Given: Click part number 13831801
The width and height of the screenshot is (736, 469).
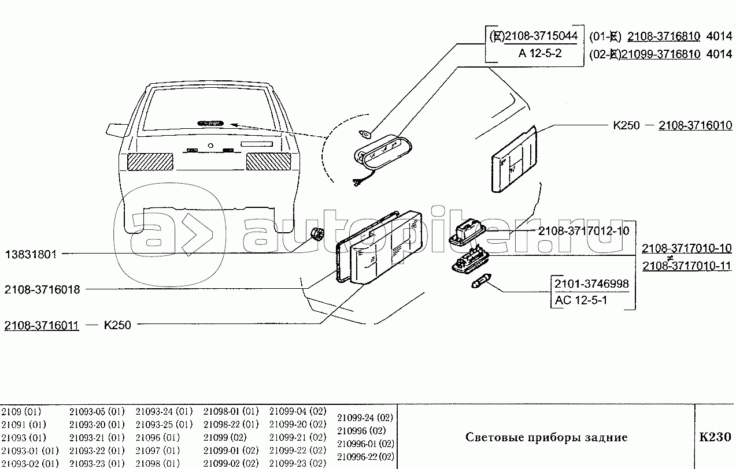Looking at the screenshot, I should (x=32, y=254).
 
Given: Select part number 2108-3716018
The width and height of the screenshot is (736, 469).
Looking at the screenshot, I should (x=42, y=290).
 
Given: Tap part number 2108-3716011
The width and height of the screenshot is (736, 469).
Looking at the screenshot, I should (x=42, y=325).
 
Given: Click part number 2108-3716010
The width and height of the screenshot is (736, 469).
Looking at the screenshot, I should (x=696, y=125).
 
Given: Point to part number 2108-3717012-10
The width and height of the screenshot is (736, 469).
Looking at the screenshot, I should (x=583, y=231).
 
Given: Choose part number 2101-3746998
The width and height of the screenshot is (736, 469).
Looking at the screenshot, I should (x=591, y=284).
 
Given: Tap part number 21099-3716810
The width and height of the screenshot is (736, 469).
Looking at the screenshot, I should (x=660, y=54).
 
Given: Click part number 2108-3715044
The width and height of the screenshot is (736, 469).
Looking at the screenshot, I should (x=541, y=36).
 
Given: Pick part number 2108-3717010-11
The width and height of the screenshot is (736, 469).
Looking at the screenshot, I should (x=687, y=266).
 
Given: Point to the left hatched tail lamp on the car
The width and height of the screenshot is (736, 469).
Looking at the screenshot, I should (x=150, y=162).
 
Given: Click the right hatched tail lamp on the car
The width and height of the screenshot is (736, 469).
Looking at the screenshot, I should (x=268, y=162).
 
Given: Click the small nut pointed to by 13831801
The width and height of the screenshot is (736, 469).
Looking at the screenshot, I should (x=316, y=234).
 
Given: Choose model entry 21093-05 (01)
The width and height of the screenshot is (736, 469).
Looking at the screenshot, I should (x=97, y=412).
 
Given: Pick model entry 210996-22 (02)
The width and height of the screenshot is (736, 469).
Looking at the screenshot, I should (x=365, y=457).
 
